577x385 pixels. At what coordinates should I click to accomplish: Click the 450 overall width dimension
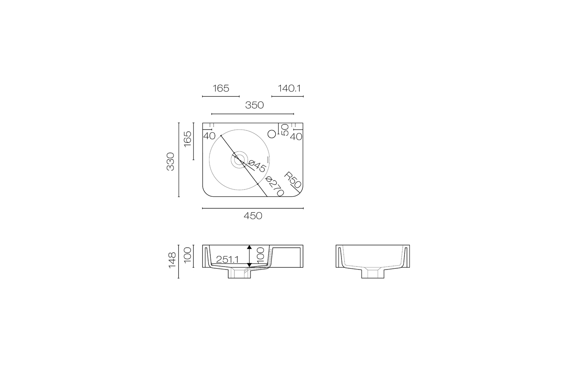click(253, 216)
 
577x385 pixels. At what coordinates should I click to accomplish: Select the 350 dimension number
click(254, 105)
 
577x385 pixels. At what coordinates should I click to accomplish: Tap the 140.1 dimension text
click(289, 89)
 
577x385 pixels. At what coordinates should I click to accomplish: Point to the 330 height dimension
click(171, 161)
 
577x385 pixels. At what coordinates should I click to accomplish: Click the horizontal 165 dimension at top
click(221, 89)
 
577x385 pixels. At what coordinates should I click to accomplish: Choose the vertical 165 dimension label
click(188, 139)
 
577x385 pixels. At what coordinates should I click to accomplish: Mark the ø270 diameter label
click(274, 187)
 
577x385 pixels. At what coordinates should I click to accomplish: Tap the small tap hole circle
click(271, 134)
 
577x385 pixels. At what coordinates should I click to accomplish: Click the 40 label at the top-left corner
click(209, 136)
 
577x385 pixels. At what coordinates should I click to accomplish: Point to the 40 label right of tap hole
click(296, 137)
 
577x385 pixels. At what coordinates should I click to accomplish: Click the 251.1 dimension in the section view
click(227, 260)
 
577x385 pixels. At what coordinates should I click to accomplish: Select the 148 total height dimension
click(172, 261)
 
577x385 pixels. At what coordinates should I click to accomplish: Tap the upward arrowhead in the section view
click(249, 248)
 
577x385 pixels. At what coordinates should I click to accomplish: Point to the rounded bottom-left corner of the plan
click(206, 194)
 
